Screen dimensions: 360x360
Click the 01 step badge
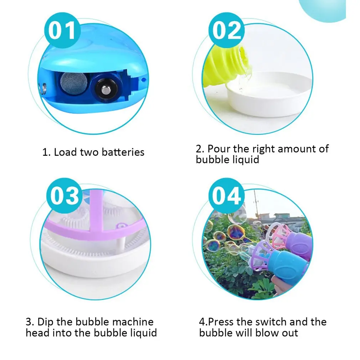coord(62,30)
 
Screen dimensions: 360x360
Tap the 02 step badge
coord(227,30)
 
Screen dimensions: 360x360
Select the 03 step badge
coord(65,196)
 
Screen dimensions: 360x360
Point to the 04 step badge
coord(227,196)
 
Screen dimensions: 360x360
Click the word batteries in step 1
coord(123,152)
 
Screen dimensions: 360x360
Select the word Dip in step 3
coord(46,322)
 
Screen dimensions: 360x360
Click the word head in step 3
coord(37,333)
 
